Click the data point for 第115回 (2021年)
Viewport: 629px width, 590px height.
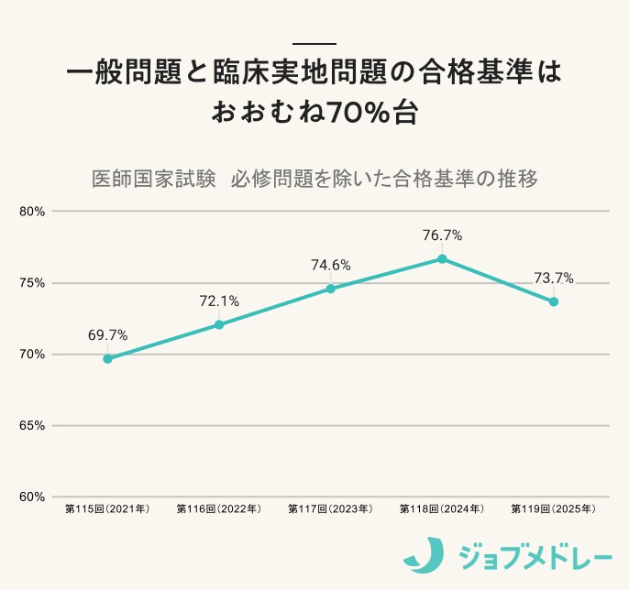pos(107,358)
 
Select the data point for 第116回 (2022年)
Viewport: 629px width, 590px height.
pos(219,324)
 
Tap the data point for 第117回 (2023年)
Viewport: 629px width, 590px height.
pos(330,289)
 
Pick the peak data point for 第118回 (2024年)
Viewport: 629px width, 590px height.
pos(442,258)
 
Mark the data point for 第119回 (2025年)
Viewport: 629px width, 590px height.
pos(554,301)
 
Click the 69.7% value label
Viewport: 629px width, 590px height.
pos(107,335)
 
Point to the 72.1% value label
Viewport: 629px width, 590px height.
pos(219,300)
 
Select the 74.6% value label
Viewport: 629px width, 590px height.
pos(330,266)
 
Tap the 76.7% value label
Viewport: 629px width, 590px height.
pos(442,235)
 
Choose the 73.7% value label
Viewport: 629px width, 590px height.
pos(554,279)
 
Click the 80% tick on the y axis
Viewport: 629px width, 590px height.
pos(32,212)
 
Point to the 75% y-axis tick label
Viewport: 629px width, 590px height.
pos(32,283)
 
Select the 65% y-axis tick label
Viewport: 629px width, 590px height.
pos(32,426)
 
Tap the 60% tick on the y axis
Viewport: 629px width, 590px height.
pos(32,497)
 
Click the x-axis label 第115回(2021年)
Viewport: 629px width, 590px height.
pos(107,508)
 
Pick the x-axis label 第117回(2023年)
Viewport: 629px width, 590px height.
pos(330,508)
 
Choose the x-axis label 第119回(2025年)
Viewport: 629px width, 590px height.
pos(554,508)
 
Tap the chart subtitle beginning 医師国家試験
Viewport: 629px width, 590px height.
pos(314,178)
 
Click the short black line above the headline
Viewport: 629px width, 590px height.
pos(314,44)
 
